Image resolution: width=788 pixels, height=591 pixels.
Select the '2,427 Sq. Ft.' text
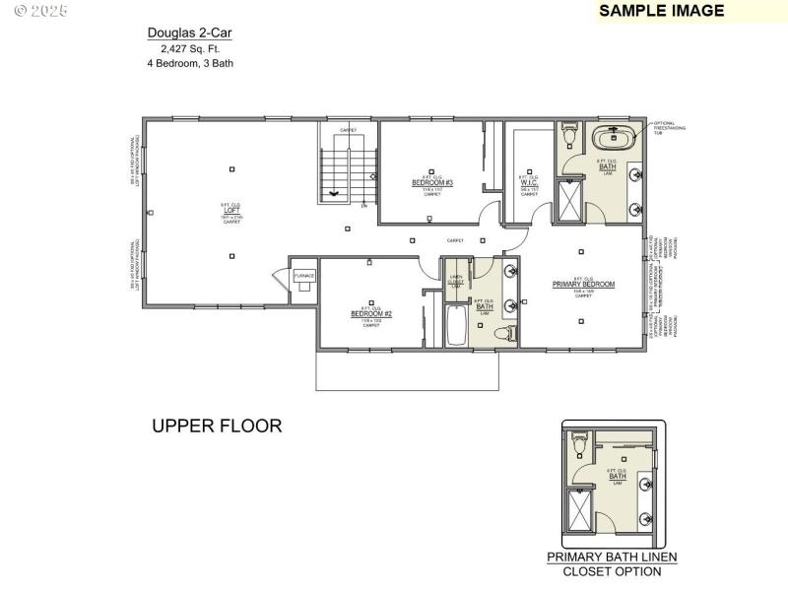pos(190,48)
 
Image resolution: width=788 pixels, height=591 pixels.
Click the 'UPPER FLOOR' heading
pos(217,427)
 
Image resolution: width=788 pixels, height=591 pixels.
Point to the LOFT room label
pos(231,210)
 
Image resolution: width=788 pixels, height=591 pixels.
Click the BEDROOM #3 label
pos(431,183)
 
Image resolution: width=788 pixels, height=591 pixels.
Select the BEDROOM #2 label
pos(371,314)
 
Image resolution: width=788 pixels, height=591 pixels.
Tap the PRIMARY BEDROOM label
pos(583,285)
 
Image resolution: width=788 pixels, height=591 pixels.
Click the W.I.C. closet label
pos(529,180)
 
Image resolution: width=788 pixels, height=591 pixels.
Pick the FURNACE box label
pos(303,276)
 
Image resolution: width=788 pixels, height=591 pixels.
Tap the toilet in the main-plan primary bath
pos(569,135)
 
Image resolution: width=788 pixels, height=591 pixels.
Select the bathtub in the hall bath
pos(457,326)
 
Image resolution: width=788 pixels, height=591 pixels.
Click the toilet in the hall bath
pos(506,335)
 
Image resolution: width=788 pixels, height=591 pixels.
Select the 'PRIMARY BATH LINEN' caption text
pos(612,557)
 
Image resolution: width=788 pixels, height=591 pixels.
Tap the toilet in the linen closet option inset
pos(579,447)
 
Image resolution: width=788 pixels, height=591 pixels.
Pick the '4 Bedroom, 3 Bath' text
pos(190,63)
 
